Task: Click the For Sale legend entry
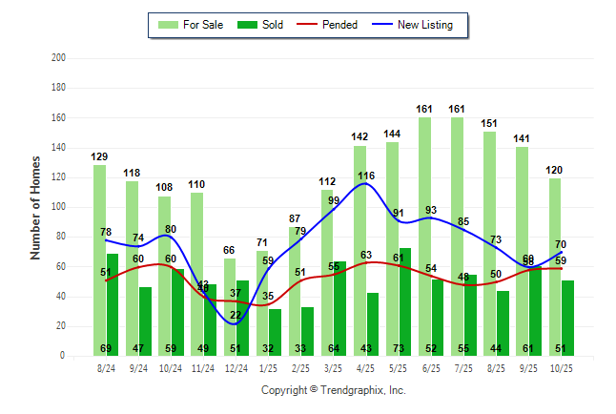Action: pos(192,25)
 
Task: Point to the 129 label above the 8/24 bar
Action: pos(100,156)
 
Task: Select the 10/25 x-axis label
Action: pos(562,366)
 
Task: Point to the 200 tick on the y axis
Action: pos(58,58)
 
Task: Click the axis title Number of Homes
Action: pos(35,207)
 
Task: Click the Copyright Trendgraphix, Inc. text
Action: pos(333,390)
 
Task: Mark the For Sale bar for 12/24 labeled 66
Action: pos(230,306)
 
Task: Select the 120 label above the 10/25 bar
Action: pos(555,171)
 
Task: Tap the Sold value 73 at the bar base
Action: pos(405,349)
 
